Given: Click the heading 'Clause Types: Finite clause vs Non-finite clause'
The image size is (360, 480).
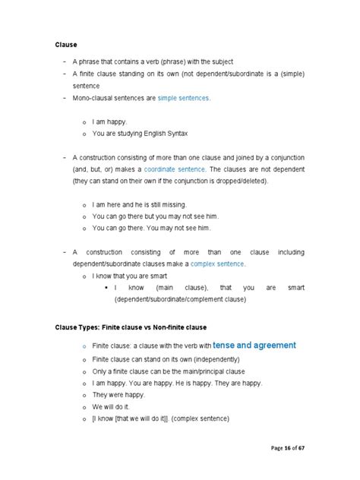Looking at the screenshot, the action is coord(131,326).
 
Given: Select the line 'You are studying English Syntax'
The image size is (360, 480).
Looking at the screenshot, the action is coord(138,133).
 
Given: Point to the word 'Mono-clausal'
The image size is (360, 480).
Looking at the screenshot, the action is coord(101,99).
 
